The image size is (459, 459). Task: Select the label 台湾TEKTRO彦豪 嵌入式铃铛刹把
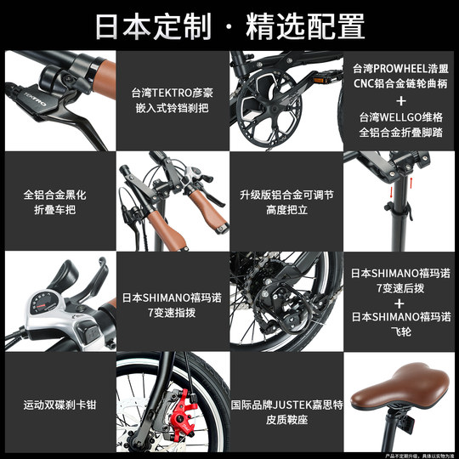[x=172, y=101]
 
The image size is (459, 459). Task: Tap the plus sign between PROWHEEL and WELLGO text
[x=400, y=100]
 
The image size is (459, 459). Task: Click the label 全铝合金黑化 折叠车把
[x=56, y=201]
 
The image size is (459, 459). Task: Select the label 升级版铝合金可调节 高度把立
[x=286, y=201]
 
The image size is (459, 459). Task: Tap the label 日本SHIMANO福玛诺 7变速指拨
[x=172, y=305]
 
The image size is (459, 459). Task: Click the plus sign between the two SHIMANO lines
[x=400, y=300]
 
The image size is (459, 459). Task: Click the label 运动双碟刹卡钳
[x=56, y=404]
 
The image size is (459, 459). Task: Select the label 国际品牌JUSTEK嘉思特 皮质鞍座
[x=286, y=404]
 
